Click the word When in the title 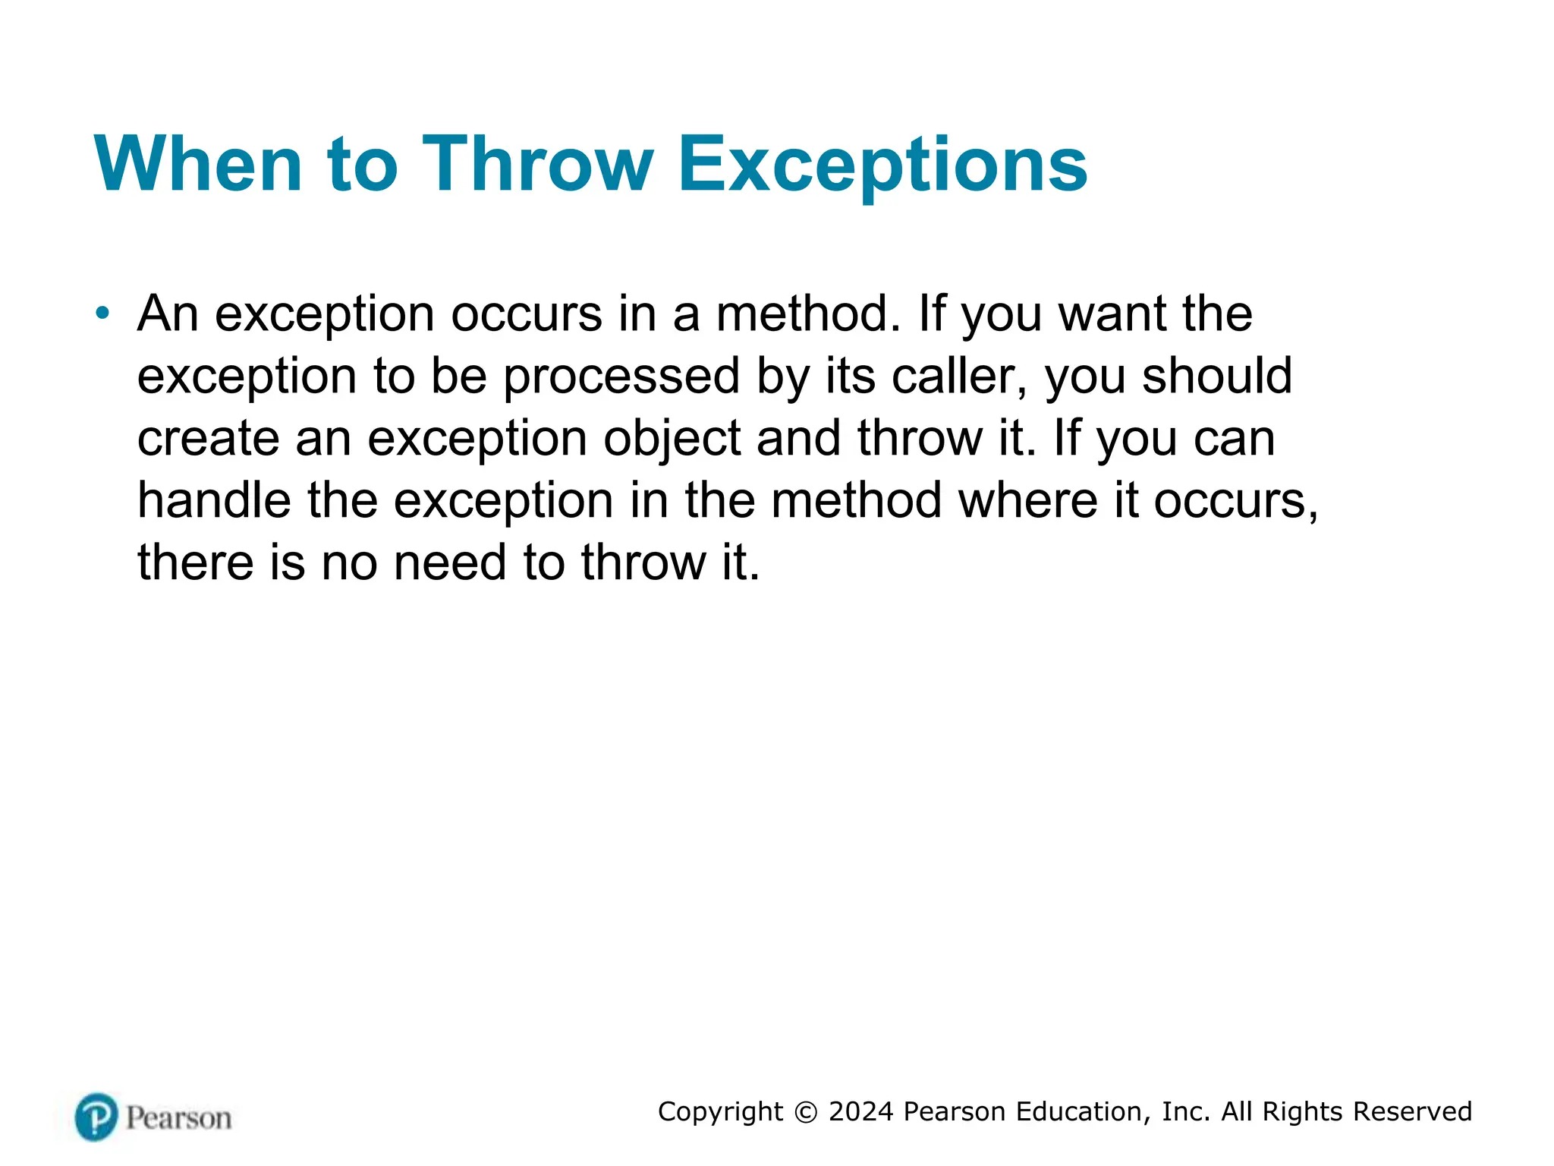[x=198, y=164]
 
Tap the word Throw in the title [x=537, y=164]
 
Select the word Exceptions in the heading [x=882, y=164]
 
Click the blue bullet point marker [x=103, y=313]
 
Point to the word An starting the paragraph [x=168, y=314]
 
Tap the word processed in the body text [x=621, y=377]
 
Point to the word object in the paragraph [x=672, y=438]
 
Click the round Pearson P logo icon [x=96, y=1117]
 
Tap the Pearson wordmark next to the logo [x=179, y=1118]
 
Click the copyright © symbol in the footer [x=806, y=1112]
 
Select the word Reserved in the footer [x=1412, y=1111]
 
